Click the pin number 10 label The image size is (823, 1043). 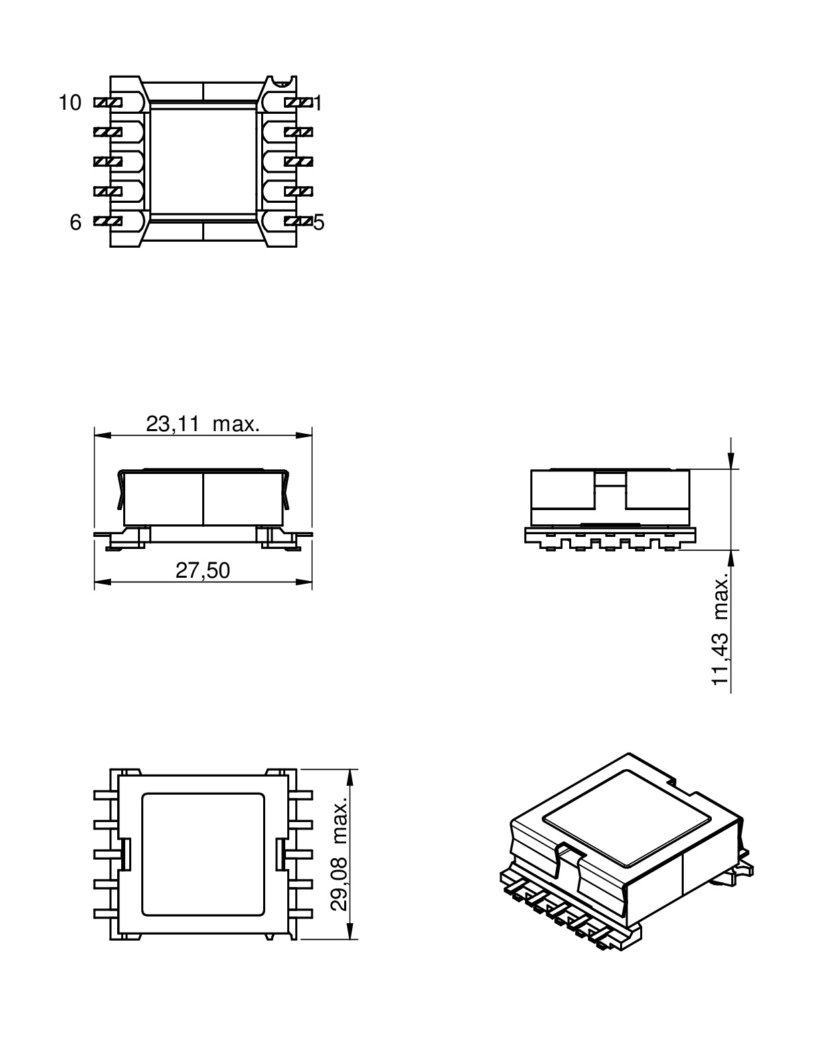[70, 102]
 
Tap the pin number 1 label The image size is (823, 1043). [319, 103]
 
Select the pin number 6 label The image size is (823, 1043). [76, 222]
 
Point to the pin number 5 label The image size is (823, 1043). [319, 222]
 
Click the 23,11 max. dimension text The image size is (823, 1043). [202, 424]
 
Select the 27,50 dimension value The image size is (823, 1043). [202, 570]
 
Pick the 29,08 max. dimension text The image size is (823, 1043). [340, 854]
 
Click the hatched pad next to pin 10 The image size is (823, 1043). [107, 102]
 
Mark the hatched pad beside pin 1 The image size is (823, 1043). [299, 102]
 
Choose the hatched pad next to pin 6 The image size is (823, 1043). [107, 221]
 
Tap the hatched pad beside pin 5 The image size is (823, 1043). [299, 221]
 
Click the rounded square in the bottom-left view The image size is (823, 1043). [204, 854]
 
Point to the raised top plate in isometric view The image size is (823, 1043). [626, 815]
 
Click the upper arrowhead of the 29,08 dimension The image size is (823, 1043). [350, 777]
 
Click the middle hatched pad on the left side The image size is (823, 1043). [107, 161]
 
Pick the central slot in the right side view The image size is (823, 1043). [609, 479]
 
